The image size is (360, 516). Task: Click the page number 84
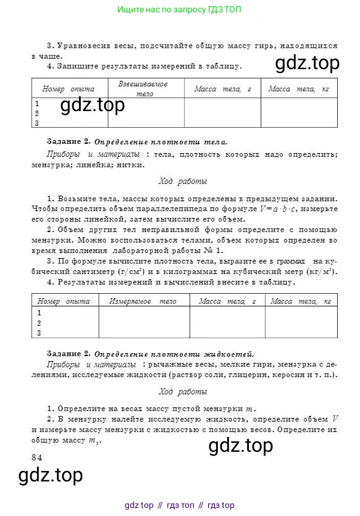point(36,457)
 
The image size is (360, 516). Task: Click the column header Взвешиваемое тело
point(146,88)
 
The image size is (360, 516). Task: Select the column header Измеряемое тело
point(143,301)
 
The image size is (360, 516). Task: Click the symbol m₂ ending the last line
point(92,441)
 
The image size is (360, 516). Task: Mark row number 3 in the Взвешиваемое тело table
point(37,123)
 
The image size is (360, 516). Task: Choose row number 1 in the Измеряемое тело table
point(40,312)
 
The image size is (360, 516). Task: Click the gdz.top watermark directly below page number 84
point(51,475)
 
